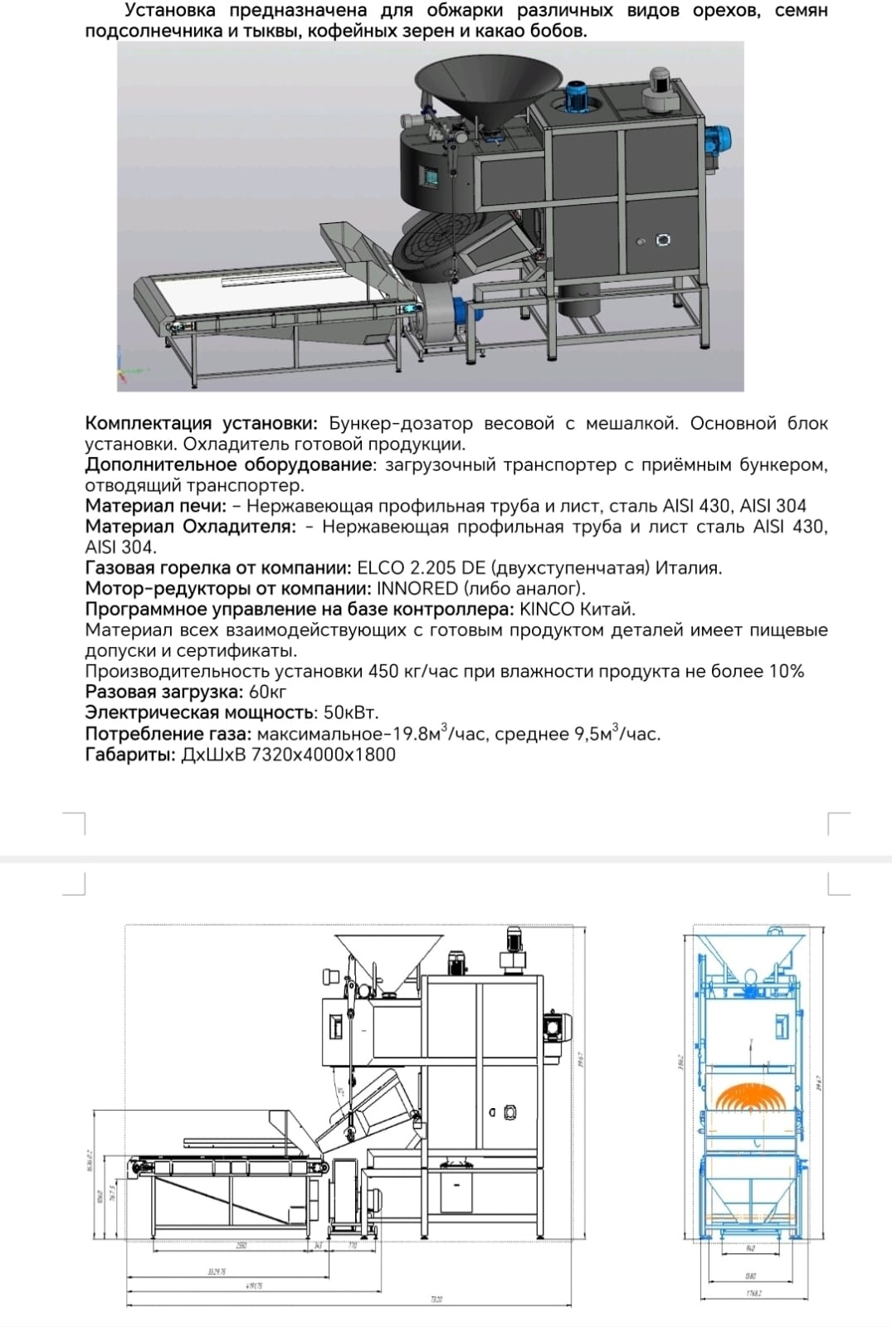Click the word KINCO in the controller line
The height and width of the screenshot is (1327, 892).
coord(546,610)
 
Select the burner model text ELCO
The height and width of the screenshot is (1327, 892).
coord(378,568)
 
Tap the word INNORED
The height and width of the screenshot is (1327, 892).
coord(417,589)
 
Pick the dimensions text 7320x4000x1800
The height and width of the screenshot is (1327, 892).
coord(323,755)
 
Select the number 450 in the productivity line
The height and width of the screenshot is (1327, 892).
coord(383,672)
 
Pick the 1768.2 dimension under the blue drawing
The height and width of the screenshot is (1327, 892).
coord(751,1293)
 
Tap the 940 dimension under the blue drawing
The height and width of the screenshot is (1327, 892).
coord(751,1247)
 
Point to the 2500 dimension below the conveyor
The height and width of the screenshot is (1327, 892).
coord(241,1246)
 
